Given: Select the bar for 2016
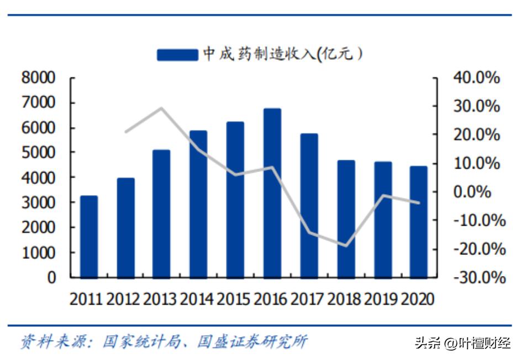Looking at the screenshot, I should pos(272,193).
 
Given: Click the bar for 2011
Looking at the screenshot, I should pos(89,237).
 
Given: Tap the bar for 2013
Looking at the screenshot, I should pos(162,213).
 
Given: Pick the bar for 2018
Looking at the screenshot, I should pos(346,219).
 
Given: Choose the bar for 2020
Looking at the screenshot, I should pos(419,222).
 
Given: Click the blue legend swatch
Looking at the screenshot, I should pos(177,54).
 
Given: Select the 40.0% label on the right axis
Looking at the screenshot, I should pos(476,78).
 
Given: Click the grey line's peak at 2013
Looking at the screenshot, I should pos(161,108).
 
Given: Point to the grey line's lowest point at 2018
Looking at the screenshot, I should pos(346,246).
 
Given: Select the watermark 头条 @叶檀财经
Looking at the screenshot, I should pos(462,343).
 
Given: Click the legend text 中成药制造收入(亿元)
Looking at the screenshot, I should pos(282,54).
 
